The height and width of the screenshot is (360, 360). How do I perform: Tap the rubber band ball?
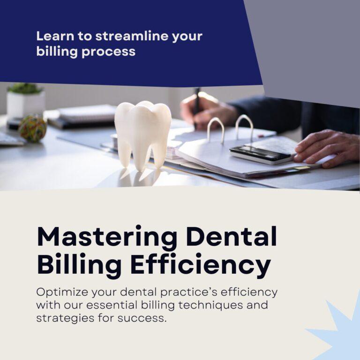pos(33,128)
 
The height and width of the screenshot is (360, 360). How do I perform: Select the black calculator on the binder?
pos(261,155)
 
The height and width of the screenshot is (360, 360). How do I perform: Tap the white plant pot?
pos(25,105)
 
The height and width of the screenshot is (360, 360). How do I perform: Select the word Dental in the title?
pos(232,236)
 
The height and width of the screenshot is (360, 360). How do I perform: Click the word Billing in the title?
pos(79,265)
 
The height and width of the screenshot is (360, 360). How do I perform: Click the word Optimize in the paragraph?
pos(62,292)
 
